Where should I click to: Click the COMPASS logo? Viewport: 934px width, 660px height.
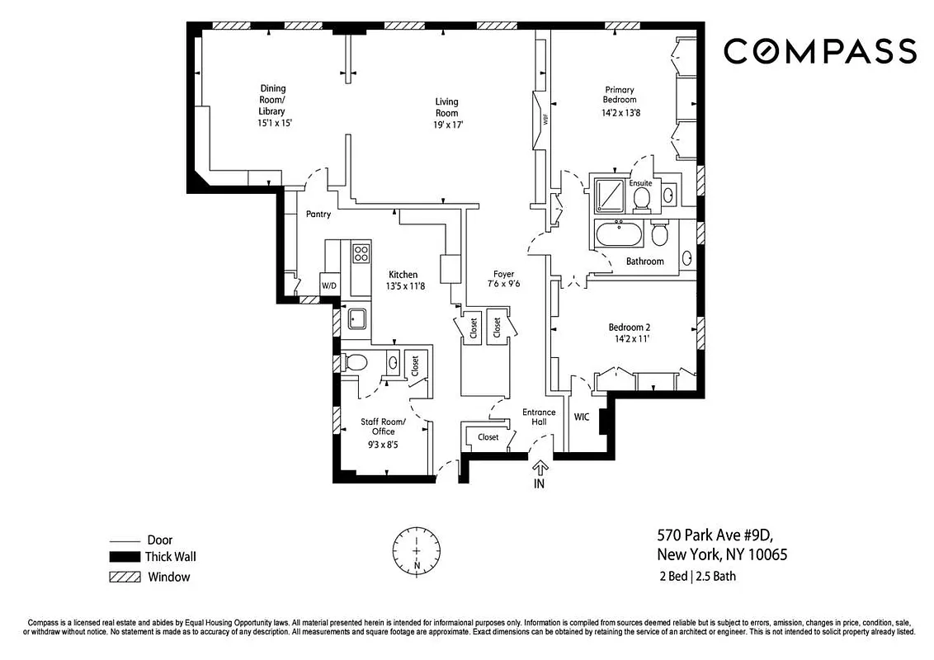pos(819,51)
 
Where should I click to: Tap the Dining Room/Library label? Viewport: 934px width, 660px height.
pos(273,100)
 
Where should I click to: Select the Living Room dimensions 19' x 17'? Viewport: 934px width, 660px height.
pos(446,125)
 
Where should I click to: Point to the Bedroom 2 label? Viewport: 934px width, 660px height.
pos(630,327)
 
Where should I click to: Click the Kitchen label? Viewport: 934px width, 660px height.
pos(403,275)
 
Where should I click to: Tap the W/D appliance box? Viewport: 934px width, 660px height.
pos(329,285)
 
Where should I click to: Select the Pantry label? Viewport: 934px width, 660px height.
pos(318,214)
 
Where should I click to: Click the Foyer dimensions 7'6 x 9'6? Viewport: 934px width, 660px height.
pos(503,285)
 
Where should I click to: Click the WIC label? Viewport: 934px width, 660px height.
pos(582,417)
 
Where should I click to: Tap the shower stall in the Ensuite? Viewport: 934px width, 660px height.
pos(608,195)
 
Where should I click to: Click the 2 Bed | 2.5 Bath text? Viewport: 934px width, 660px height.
pos(696,576)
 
